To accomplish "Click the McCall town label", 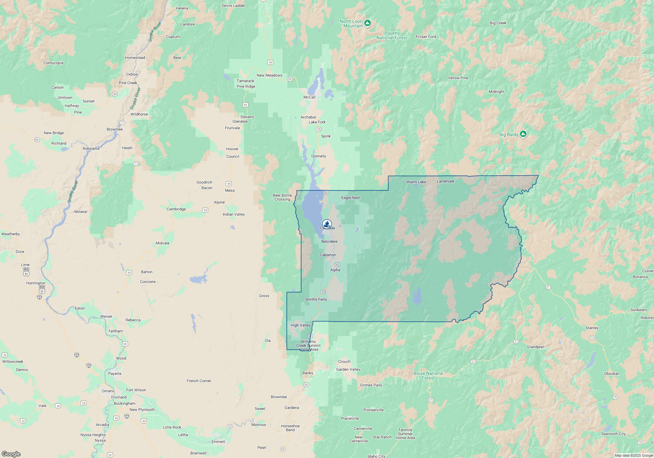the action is coord(309,97).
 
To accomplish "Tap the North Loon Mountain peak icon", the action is coord(368,23).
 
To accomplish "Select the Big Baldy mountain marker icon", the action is coord(523,134).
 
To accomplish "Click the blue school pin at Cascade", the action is coord(327,224).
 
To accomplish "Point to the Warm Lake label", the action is coord(416,182).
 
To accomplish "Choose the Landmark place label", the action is coord(445,181).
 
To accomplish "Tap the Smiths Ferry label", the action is coord(316,299).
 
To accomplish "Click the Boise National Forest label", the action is coord(428,376).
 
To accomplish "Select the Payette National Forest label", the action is coord(392,35).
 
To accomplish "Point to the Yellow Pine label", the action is coord(458,78).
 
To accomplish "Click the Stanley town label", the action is coord(592,328).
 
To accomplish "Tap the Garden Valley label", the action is coord(348,369).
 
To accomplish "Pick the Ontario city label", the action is coord(108,391).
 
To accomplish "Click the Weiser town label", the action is coord(106,316).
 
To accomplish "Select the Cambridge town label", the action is coord(176,209).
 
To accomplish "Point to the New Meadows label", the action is coord(269,75).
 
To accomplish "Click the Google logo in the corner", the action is coord(11,454).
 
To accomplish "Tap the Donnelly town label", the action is coord(318,156).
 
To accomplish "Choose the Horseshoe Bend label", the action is coord(290,428).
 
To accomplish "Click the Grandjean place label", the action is coord(535,347).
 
